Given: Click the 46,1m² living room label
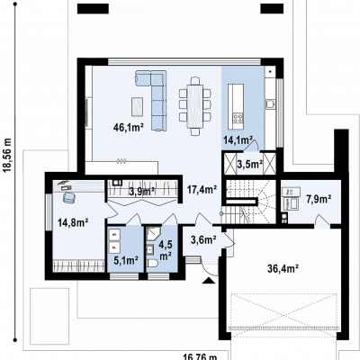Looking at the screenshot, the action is pyautogui.click(x=128, y=128).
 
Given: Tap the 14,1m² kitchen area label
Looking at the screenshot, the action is pyautogui.click(x=238, y=139).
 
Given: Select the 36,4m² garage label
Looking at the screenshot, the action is pyautogui.click(x=283, y=269).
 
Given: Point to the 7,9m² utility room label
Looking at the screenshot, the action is pyautogui.click(x=319, y=198).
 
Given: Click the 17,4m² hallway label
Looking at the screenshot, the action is pyautogui.click(x=202, y=190).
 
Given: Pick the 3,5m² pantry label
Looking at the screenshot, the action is pyautogui.click(x=250, y=164).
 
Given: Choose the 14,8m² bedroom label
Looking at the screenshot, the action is pyautogui.click(x=73, y=222).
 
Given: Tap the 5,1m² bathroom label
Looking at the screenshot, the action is pyautogui.click(x=126, y=260).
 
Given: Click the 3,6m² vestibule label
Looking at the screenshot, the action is pyautogui.click(x=203, y=239).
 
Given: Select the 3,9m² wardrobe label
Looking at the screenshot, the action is pyautogui.click(x=142, y=191).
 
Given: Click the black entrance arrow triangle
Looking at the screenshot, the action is pyautogui.click(x=209, y=281).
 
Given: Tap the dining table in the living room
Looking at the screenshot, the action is pyautogui.click(x=195, y=106).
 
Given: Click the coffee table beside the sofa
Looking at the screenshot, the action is pyautogui.click(x=138, y=106).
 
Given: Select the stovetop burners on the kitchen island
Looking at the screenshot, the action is pyautogui.click(x=238, y=118).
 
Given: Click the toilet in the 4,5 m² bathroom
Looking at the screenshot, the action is pyautogui.click(x=152, y=263).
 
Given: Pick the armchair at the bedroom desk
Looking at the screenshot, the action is pyautogui.click(x=69, y=197).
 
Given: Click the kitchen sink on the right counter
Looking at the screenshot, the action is pyautogui.click(x=270, y=103).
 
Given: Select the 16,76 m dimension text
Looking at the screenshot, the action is pyautogui.click(x=200, y=356).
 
